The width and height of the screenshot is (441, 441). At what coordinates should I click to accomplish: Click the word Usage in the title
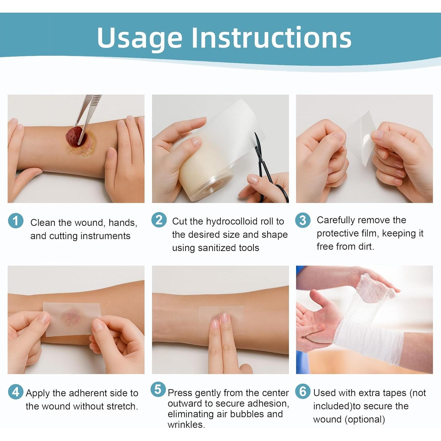coord(139,38)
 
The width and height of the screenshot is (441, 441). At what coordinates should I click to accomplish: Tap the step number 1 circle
coord(16,220)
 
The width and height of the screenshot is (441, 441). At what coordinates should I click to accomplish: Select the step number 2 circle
coord(159,220)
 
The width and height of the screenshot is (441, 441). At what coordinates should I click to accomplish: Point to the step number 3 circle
coord(303,220)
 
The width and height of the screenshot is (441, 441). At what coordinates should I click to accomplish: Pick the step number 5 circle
coord(158,389)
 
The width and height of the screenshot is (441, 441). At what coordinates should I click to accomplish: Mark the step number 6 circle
coord(303,391)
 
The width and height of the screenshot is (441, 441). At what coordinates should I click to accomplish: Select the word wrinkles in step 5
coord(186,425)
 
